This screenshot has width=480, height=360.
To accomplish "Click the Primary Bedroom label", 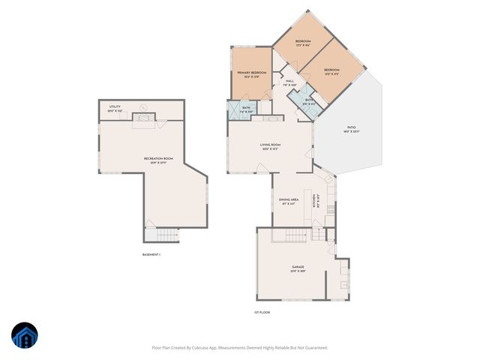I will (x=252, y=73).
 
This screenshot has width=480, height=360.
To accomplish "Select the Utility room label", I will (x=115, y=107).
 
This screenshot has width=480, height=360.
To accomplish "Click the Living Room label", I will (x=270, y=145).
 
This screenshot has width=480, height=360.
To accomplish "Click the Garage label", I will (x=298, y=267).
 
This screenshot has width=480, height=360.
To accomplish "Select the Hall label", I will (x=289, y=82).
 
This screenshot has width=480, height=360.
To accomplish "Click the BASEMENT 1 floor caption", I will (x=151, y=255).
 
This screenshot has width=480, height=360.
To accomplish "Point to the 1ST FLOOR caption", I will (x=261, y=312).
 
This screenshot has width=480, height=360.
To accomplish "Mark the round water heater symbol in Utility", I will (x=143, y=106).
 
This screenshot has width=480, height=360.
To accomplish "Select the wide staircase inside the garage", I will (x=289, y=235).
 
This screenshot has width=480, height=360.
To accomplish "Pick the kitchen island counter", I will (x=307, y=202).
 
